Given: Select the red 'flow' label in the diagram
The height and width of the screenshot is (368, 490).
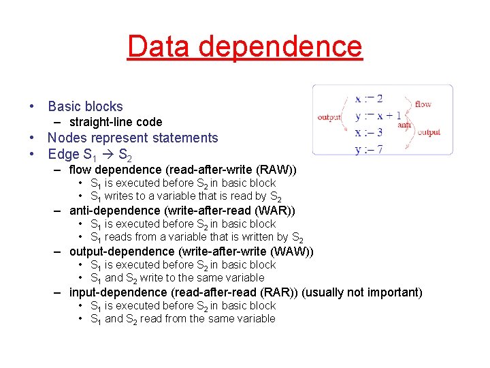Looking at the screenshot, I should (x=423, y=104).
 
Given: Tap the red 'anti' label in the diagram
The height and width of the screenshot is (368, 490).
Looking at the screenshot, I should (x=404, y=125).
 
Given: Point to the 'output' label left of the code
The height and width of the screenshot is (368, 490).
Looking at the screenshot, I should (x=329, y=117).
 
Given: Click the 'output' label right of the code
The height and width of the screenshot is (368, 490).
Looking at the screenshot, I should (x=429, y=132).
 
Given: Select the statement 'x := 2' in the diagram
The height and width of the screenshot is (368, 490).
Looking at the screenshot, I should (x=369, y=99).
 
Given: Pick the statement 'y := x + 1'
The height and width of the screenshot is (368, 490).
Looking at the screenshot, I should (x=378, y=116).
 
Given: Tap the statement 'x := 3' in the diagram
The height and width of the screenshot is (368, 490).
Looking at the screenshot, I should (x=369, y=132).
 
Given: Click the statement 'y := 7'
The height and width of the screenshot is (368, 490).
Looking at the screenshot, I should (x=369, y=149).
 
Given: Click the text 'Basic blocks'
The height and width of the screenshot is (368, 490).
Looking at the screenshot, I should (x=85, y=106).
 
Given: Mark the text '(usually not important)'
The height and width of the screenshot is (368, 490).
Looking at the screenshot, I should (x=361, y=292).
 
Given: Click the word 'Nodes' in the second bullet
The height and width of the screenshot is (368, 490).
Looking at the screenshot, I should (x=66, y=138).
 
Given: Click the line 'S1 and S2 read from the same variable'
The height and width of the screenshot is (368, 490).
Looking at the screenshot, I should (x=182, y=319).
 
